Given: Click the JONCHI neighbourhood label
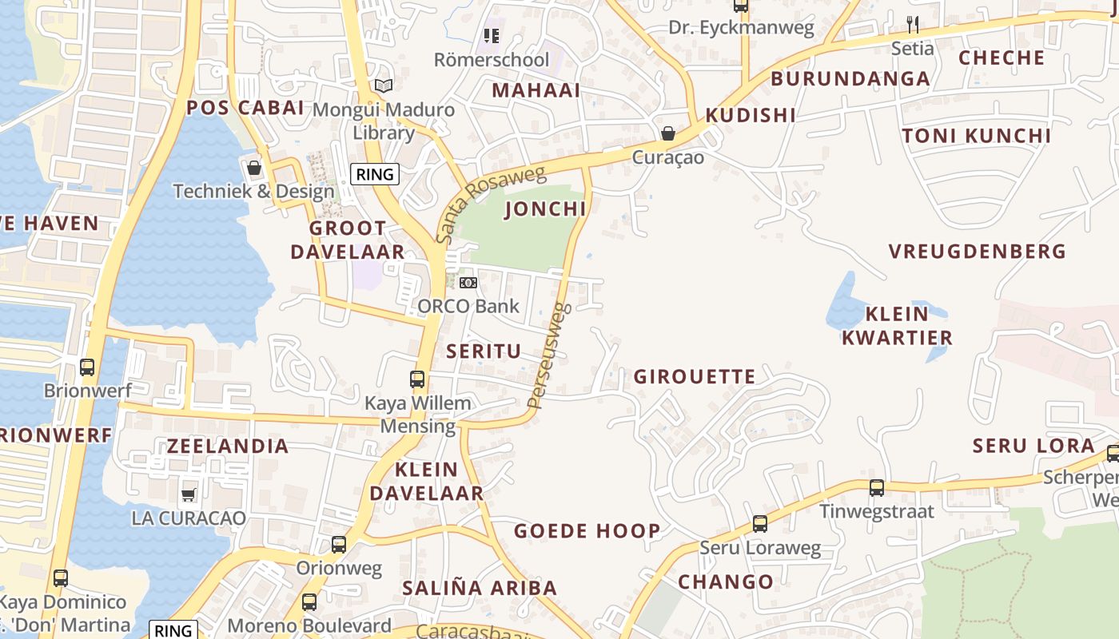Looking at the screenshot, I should pos(546,209).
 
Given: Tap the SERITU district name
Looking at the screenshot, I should pos(484,351).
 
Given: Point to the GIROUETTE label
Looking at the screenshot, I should pos(695,376).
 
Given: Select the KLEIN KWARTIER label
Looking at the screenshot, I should pos(897,325).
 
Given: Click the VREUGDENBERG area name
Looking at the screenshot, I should pos(978,252).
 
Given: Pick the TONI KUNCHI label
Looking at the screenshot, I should pos(977,136).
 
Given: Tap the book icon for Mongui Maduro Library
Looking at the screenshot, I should pos(384,85).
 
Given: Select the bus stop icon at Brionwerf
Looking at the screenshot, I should pos(87,367).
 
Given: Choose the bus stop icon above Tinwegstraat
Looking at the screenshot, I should pos(877,487).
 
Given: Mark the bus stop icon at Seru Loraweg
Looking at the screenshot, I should pos(760,524).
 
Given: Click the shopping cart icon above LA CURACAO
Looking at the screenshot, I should pos(189,494).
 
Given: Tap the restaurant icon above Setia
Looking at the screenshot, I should pos(913,24).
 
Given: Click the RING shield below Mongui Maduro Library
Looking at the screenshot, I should pos(375,173).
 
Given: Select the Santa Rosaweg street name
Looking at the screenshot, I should pos(489,204).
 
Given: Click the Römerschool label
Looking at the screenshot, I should pos(492,60).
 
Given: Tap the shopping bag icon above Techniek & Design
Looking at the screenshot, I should pos(254,168).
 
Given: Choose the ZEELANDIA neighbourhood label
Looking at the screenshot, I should pos(228,446).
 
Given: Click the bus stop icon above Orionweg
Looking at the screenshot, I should pos(339,545).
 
